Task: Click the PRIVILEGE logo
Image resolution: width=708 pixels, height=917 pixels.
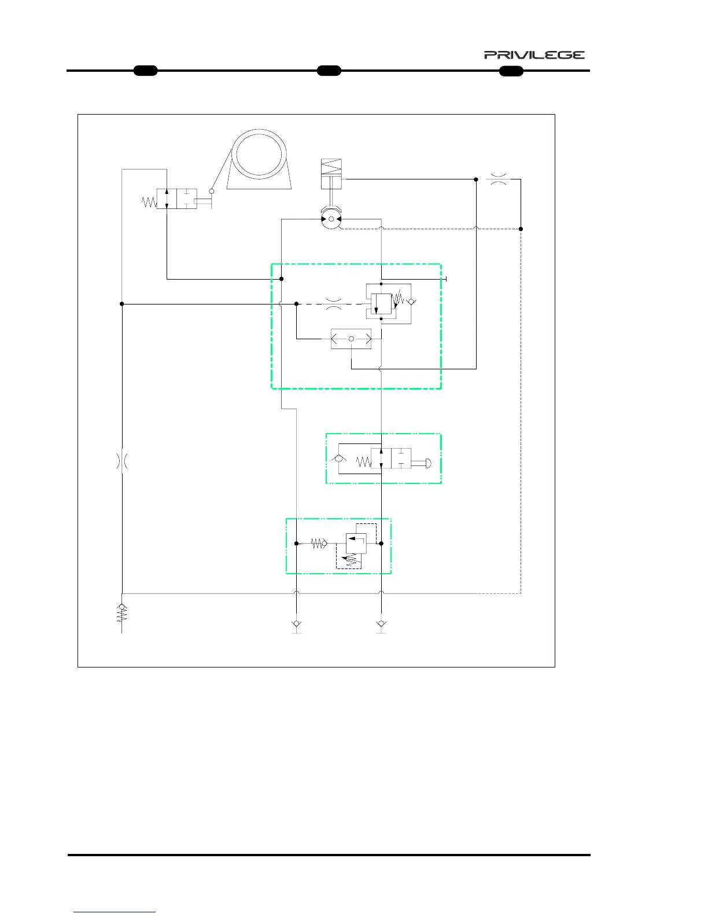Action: pyautogui.click(x=534, y=55)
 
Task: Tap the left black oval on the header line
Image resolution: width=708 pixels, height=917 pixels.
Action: pyautogui.click(x=145, y=71)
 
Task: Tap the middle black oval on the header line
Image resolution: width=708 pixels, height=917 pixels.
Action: pyautogui.click(x=329, y=71)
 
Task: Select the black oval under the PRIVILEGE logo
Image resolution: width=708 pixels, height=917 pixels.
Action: pyautogui.click(x=511, y=71)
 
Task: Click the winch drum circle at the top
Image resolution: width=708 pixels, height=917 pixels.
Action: pyautogui.click(x=259, y=155)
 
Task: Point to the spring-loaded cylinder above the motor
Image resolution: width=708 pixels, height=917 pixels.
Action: pyautogui.click(x=331, y=174)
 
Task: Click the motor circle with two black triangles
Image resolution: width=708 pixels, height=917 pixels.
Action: pyautogui.click(x=331, y=219)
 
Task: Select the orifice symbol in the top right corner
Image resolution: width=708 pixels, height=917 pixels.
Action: pyautogui.click(x=498, y=179)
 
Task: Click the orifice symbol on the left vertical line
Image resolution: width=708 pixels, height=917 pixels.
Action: pyautogui.click(x=122, y=461)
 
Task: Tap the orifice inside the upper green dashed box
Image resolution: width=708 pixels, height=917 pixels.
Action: pyautogui.click(x=334, y=304)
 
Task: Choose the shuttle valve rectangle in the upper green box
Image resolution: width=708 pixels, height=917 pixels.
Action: pyautogui.click(x=351, y=339)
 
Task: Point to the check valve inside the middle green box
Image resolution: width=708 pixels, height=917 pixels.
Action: pyautogui.click(x=338, y=460)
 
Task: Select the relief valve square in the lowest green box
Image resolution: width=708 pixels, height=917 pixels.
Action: pyautogui.click(x=355, y=543)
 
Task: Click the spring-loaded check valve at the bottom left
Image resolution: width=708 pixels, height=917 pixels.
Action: pyautogui.click(x=122, y=614)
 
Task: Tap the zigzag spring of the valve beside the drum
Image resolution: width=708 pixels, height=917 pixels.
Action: pyautogui.click(x=149, y=202)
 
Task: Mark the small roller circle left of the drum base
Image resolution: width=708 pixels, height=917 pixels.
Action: pyautogui.click(x=212, y=191)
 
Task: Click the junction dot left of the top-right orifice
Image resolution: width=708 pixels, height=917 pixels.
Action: pyautogui.click(x=476, y=179)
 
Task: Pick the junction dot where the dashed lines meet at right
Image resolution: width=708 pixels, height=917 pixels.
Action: pyautogui.click(x=521, y=229)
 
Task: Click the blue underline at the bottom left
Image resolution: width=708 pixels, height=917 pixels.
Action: pyautogui.click(x=115, y=912)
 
